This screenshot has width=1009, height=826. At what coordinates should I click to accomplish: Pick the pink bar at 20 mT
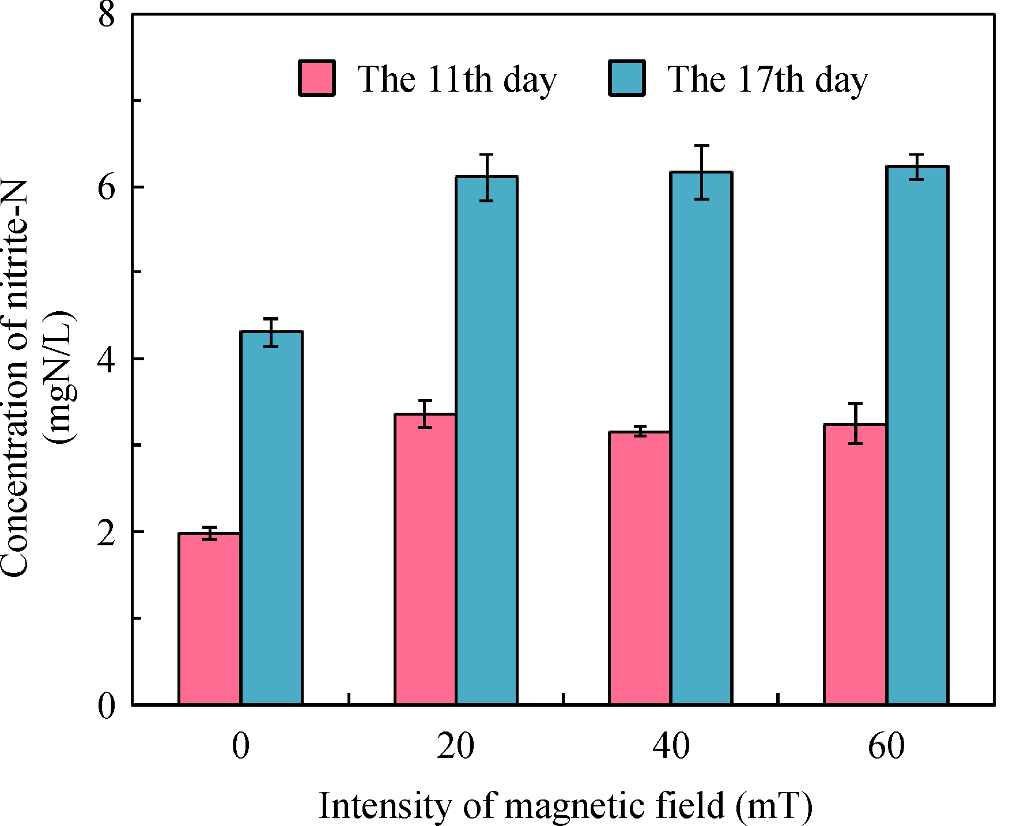[x=425, y=559]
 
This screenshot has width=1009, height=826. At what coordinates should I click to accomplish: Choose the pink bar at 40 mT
[x=640, y=568]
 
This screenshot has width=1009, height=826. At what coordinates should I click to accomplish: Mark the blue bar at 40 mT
[x=701, y=438]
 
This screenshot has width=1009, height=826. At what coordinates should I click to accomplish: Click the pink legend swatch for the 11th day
[x=316, y=78]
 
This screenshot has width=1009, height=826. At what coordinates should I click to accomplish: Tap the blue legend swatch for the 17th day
[x=627, y=78]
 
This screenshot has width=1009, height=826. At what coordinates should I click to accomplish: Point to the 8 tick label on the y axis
[x=107, y=14]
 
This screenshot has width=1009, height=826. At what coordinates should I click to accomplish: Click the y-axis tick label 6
[x=107, y=187]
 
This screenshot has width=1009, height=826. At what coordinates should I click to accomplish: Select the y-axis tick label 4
[x=107, y=359]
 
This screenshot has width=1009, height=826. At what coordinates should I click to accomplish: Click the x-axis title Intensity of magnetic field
[x=565, y=805]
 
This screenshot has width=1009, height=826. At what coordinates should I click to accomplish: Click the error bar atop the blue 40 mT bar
[x=701, y=172]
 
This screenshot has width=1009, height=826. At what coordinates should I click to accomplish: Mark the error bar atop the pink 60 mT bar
[x=855, y=423]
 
